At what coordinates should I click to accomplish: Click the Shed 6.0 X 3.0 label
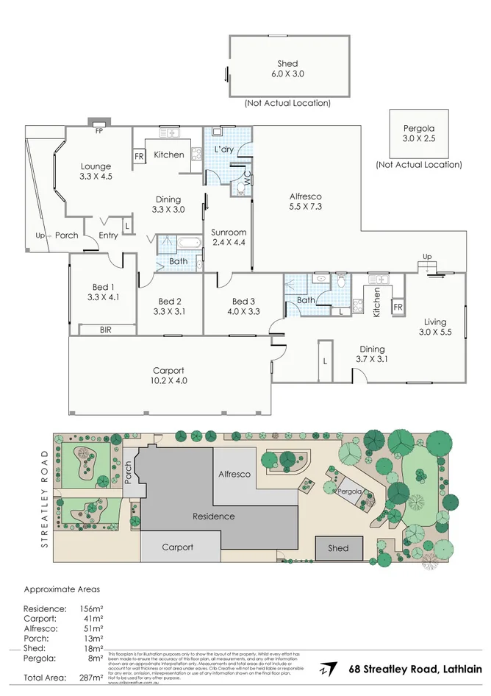(x=287, y=68)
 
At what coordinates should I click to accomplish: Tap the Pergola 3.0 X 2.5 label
(x=418, y=132)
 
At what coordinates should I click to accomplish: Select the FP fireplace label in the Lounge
(x=98, y=132)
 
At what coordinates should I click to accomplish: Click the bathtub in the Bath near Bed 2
(x=190, y=244)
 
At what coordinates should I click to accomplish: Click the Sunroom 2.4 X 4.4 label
(x=228, y=237)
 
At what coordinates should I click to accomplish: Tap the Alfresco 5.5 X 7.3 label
(x=305, y=202)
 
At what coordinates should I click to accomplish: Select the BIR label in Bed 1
(x=106, y=330)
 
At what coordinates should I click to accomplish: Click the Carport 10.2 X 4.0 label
(x=168, y=375)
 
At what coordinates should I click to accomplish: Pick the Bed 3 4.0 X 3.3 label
(x=243, y=306)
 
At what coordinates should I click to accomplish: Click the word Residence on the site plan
(x=214, y=516)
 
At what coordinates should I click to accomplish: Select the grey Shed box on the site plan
(x=338, y=548)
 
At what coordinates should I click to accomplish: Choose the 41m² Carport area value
(x=93, y=619)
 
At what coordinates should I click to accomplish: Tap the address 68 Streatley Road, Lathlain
(x=414, y=669)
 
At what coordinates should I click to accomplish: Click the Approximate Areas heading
(x=62, y=589)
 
